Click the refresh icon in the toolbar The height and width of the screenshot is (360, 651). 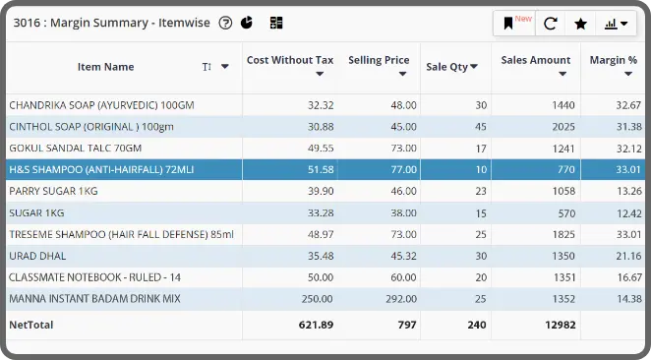click(x=550, y=24)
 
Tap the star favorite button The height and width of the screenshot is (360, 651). click(x=580, y=24)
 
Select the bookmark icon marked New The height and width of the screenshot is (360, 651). click(x=508, y=24)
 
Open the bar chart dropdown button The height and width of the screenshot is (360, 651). click(x=616, y=24)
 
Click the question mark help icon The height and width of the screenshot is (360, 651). click(x=225, y=23)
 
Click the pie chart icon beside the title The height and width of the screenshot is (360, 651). click(x=247, y=23)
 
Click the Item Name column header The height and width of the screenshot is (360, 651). click(x=106, y=67)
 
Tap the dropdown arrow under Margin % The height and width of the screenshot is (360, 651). click(x=628, y=74)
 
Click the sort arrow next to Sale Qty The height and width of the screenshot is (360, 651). click(x=474, y=67)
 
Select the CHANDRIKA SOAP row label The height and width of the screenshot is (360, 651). click(x=101, y=105)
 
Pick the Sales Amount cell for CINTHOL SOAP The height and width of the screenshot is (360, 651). click(x=563, y=127)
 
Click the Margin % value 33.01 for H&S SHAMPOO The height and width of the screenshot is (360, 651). click(x=628, y=169)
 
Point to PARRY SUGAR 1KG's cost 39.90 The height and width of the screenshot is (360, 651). click(x=321, y=191)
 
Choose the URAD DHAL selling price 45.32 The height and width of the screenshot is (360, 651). click(x=403, y=256)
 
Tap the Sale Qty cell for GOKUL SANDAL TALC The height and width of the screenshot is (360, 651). click(x=481, y=149)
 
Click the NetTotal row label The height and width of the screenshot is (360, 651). click(x=31, y=325)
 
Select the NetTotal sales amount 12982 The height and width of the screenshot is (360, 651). click(x=561, y=325)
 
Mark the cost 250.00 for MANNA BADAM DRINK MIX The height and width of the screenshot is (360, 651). click(x=318, y=299)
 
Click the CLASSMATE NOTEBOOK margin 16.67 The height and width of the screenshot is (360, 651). click(x=629, y=277)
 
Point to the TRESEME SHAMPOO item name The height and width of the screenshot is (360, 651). click(x=121, y=234)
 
